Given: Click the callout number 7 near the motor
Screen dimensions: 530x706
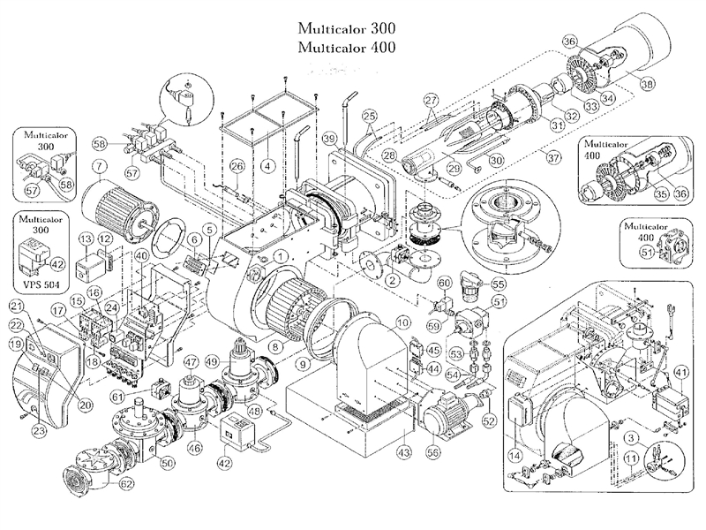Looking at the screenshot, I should pos(100,165).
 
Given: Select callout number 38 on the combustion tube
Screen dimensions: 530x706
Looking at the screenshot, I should pos(648,85).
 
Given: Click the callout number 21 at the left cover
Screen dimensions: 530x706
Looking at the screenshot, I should pos(17,306).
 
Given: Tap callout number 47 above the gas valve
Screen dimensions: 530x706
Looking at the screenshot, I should pos(190,362).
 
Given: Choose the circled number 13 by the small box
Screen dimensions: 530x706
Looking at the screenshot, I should pos(86,240).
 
